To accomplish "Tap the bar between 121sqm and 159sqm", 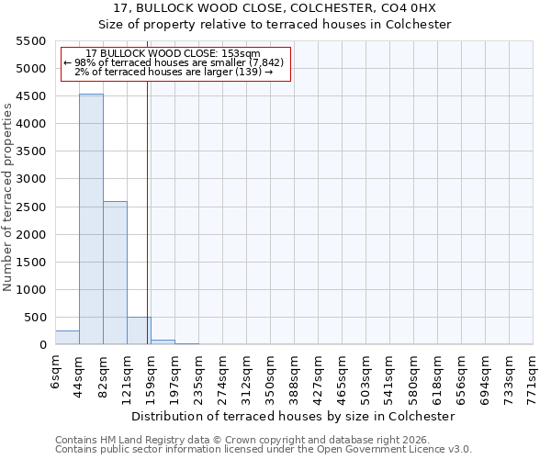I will [x=139, y=330].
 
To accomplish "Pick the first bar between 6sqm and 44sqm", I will [x=67, y=337].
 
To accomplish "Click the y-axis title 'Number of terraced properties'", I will [x=8, y=196].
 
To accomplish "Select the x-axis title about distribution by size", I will [x=293, y=416].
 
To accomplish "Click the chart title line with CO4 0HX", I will [x=275, y=8].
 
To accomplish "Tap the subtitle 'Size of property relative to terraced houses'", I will [x=275, y=25].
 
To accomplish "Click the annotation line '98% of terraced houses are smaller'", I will [x=174, y=62].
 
